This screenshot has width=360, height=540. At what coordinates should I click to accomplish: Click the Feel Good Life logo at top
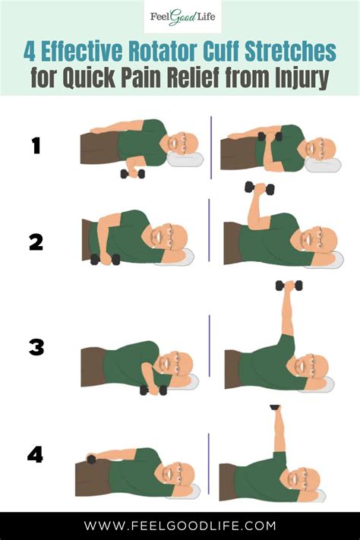tap(179, 17)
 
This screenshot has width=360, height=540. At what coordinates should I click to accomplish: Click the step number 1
tap(35, 145)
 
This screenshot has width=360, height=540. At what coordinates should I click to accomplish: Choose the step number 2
tap(36, 242)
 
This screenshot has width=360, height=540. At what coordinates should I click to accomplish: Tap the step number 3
tap(36, 348)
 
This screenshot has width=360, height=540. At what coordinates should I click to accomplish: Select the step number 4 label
tap(35, 454)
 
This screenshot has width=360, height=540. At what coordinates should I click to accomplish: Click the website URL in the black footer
tap(179, 526)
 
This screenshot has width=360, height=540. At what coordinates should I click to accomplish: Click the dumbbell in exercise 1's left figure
tap(132, 174)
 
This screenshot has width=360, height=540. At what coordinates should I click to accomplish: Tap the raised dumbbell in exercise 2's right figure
tap(259, 188)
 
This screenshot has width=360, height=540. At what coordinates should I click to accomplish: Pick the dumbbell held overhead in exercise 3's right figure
tap(289, 286)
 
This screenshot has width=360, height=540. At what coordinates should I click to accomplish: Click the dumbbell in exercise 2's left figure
tap(105, 259)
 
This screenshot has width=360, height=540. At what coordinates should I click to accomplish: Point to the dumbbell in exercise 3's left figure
tap(153, 390)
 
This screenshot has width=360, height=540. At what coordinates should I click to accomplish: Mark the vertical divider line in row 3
tap(210, 346)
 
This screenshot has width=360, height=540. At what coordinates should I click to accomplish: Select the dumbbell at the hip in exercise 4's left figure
tap(92, 459)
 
